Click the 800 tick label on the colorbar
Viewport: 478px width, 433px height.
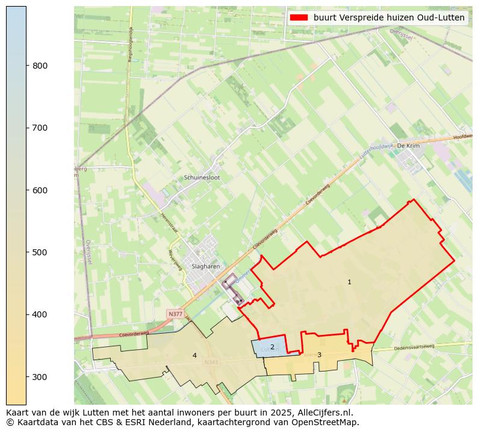click(x=40, y=66)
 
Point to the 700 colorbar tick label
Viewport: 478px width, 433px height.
click(x=40, y=128)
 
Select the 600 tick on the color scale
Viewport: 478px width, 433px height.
click(x=40, y=190)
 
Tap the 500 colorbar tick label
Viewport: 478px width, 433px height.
click(x=40, y=252)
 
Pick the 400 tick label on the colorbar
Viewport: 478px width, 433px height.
click(x=40, y=314)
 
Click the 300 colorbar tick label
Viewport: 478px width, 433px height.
click(x=40, y=377)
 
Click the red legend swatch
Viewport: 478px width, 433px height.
click(x=299, y=17)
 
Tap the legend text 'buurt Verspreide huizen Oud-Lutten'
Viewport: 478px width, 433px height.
click(x=389, y=17)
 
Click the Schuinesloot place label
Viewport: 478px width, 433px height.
click(x=202, y=178)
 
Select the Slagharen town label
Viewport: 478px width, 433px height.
click(x=205, y=266)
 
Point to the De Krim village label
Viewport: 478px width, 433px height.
click(x=408, y=146)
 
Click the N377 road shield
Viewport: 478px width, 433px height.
click(x=175, y=314)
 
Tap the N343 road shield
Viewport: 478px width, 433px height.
click(x=211, y=363)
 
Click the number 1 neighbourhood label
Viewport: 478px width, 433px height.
click(x=349, y=282)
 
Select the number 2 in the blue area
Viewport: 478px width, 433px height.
click(x=272, y=347)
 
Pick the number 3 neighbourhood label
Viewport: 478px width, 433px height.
click(x=319, y=355)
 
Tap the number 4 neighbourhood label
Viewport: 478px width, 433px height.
click(x=194, y=355)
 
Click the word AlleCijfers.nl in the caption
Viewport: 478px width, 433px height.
click(x=325, y=413)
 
